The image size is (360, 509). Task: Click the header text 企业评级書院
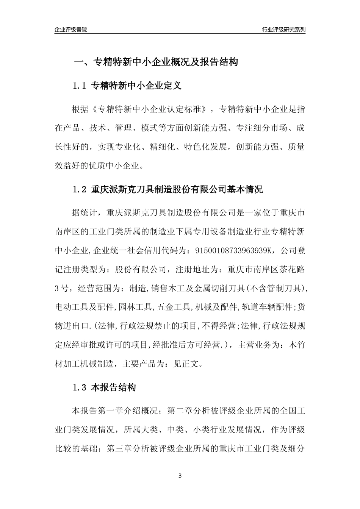point(71,30)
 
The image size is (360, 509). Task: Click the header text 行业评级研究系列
point(283,30)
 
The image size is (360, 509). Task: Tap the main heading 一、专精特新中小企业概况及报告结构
point(155,62)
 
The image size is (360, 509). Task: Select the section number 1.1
point(80,86)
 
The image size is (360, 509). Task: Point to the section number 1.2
point(80,189)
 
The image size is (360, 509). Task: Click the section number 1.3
point(80,387)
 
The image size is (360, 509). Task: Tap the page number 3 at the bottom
point(180,476)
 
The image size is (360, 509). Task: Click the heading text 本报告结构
point(113,387)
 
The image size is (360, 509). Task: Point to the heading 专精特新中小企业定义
point(136,86)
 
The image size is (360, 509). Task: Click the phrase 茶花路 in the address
point(292,270)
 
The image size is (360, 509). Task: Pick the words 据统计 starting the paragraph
point(85,212)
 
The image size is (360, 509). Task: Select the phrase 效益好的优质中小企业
point(98,166)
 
